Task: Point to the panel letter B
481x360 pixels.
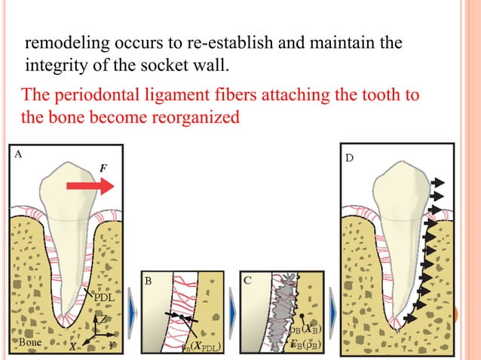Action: [149, 281]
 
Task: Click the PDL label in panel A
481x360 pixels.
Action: [103, 297]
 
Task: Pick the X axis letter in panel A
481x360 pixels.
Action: [73, 347]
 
